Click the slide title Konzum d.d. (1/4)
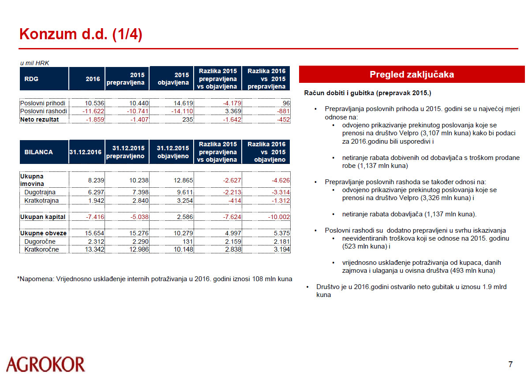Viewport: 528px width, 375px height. (81, 34)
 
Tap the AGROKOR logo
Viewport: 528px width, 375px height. (45, 364)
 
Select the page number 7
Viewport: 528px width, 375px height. (510, 364)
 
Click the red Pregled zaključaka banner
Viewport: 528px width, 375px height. (412, 74)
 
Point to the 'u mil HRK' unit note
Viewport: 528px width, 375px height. (34, 63)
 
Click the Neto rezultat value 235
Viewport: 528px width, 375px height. (187, 119)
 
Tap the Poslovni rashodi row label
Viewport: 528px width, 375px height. (44, 111)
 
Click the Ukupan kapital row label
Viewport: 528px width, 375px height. (43, 217)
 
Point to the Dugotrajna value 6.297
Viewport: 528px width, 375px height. (93, 193)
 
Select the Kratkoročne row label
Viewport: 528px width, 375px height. (41, 249)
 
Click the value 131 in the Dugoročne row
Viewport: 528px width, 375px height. (187, 241)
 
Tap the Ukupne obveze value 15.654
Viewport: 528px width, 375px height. (92, 233)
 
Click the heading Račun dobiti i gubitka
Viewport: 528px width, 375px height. (368, 93)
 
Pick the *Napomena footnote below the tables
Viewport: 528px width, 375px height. (154, 279)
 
